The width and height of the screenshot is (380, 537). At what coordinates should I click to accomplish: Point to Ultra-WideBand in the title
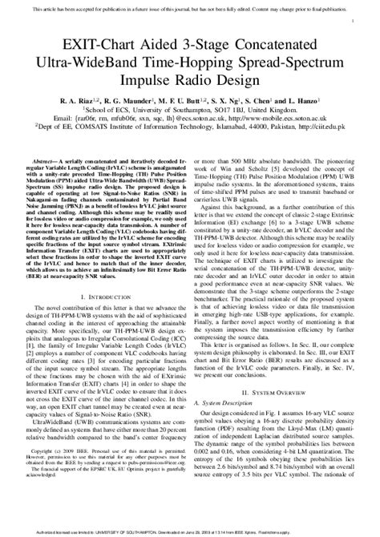click(89, 57)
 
